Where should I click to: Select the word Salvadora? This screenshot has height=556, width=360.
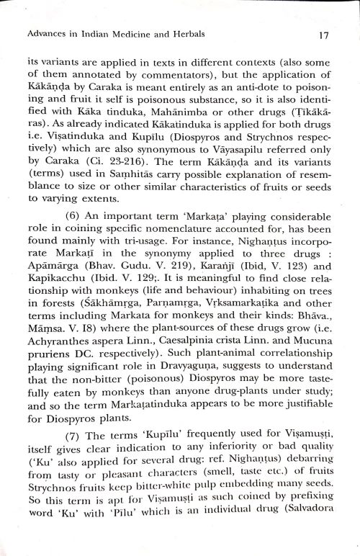[x=304, y=535]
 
